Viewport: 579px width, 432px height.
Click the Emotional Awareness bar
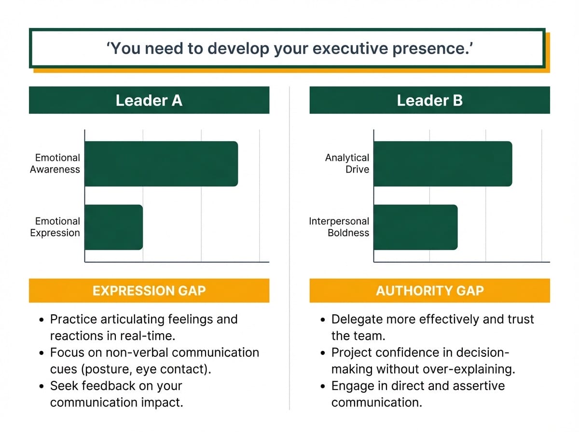[161, 163]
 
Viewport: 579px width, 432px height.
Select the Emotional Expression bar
[114, 227]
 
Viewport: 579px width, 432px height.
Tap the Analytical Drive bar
[442, 163]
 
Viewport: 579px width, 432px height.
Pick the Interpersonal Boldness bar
[415, 227]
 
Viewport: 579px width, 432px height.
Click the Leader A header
[149, 100]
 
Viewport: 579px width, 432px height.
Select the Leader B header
[429, 100]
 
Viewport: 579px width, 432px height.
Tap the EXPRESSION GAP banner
[149, 291]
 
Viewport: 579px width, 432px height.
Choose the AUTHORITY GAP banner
[429, 291]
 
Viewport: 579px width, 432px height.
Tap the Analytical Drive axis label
[347, 163]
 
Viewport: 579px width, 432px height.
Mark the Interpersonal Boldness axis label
[339, 227]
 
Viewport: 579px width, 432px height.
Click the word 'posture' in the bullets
[106, 369]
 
